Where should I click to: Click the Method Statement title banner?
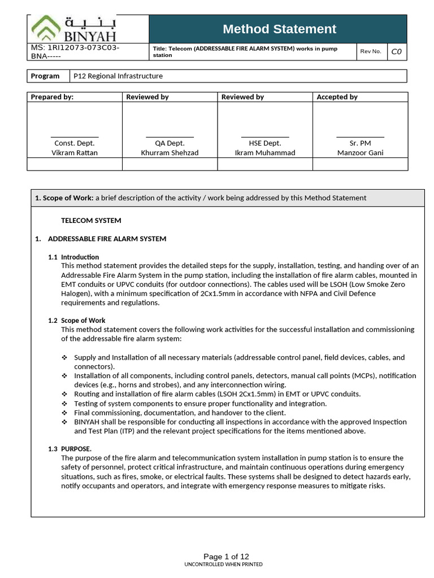[279, 29]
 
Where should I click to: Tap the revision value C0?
[396, 51]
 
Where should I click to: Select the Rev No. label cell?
[371, 51]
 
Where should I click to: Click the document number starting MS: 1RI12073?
[75, 52]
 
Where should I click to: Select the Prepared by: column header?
[52, 97]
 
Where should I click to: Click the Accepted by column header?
[337, 97]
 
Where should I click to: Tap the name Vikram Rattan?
[74, 152]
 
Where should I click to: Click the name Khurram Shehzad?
[170, 152]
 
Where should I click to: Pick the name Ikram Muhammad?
[264, 152]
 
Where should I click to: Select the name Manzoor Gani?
[360, 152]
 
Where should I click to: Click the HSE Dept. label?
[264, 143]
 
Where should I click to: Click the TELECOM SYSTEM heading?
[91, 220]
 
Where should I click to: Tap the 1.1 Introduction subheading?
[73, 257]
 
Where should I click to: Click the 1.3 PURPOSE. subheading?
[70, 449]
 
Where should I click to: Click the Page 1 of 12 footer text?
[226, 556]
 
